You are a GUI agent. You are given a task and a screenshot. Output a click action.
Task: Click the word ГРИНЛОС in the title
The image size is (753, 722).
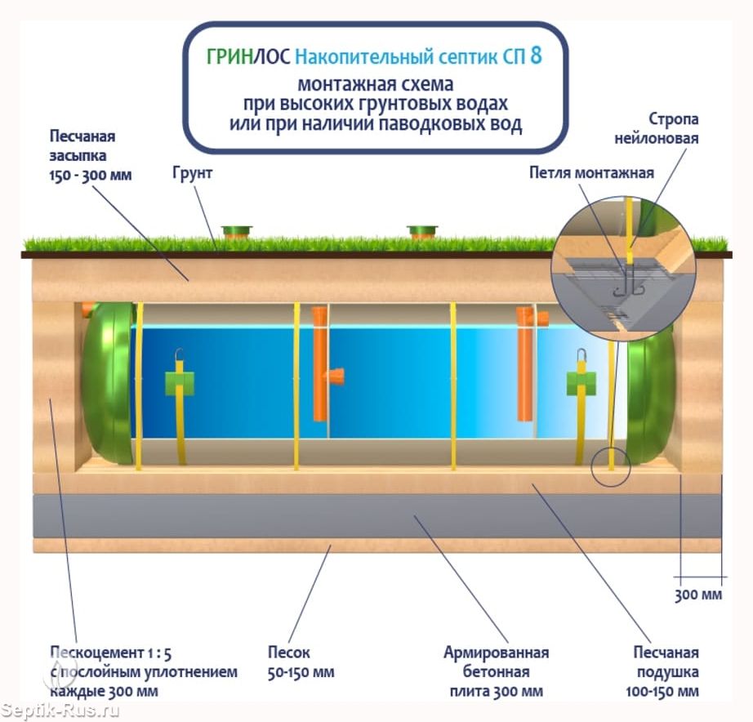click(248, 56)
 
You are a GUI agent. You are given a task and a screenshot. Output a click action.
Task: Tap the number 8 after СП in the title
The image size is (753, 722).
click(537, 56)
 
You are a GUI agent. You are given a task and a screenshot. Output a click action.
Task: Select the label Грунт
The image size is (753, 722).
click(192, 173)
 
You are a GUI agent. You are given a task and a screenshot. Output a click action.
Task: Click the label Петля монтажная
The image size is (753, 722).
click(591, 172)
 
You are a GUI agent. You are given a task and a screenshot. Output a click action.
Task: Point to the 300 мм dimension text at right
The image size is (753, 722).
click(698, 595)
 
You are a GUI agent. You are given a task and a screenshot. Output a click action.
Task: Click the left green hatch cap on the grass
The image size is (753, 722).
click(237, 232)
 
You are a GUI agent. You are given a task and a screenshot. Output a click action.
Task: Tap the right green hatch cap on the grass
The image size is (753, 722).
click(422, 232)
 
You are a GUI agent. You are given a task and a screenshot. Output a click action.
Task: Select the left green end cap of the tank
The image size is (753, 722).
click(108, 383)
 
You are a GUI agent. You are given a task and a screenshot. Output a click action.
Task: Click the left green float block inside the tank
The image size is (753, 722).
click(180, 383)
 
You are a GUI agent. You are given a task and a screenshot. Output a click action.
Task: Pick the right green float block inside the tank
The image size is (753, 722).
click(581, 383)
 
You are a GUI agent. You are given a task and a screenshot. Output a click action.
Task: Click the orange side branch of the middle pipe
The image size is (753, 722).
click(335, 377)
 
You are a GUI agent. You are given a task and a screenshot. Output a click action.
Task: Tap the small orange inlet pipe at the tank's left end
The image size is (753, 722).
click(88, 309)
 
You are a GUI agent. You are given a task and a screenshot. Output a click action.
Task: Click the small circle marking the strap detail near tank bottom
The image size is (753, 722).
click(610, 466)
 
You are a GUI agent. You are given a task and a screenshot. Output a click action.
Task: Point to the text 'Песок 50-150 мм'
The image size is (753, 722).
click(301, 662)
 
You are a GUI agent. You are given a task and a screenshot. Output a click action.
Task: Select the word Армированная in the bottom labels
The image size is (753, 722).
click(496, 653)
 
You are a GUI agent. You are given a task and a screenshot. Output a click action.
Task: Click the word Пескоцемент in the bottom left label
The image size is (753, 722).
click(96, 653)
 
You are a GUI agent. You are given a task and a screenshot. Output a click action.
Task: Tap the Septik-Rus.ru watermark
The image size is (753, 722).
click(60, 709)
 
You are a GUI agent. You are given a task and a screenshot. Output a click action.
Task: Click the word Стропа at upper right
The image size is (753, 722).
click(673, 119)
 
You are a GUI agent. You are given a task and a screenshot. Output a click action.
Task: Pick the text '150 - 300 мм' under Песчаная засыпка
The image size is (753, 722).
click(91, 176)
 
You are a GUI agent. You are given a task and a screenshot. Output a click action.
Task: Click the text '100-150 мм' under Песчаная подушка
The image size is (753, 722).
click(662, 691)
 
